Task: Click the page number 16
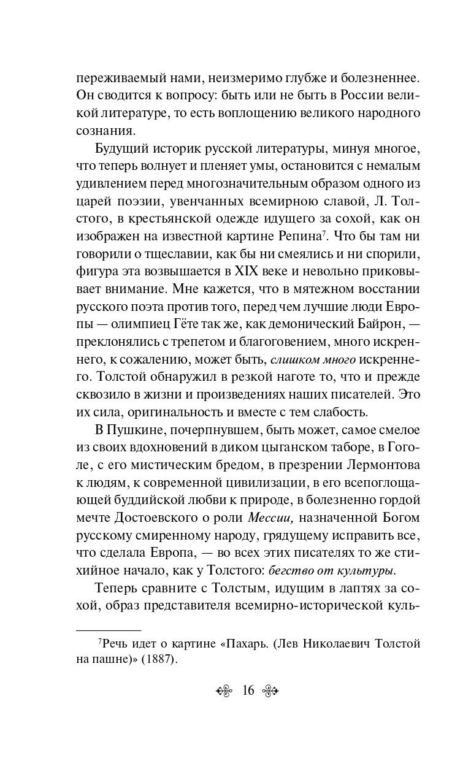coord(248,690)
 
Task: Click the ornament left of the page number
coord(224,690)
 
